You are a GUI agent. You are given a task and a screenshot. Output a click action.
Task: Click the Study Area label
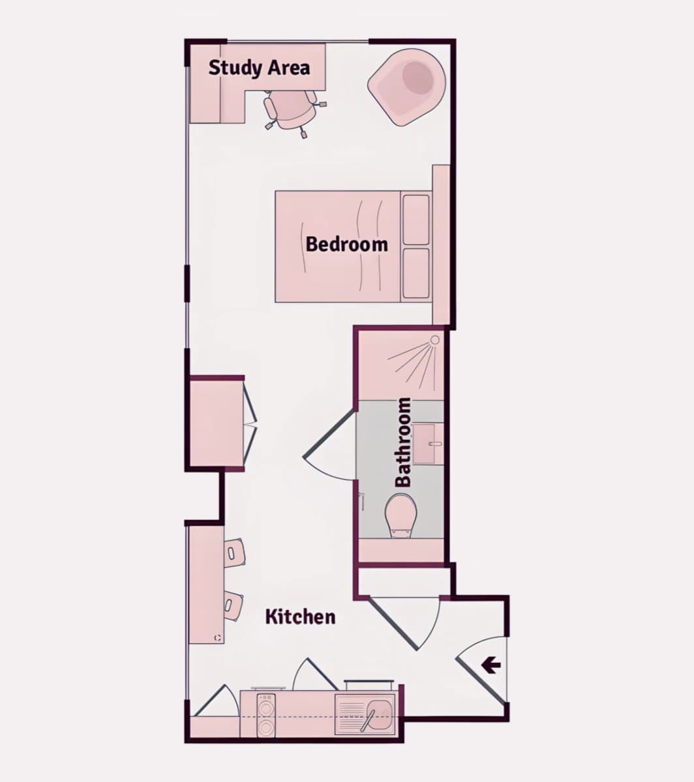[259, 68]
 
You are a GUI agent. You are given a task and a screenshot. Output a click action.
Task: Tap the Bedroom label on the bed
[346, 244]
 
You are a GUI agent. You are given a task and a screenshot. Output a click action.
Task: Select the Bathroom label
[403, 442]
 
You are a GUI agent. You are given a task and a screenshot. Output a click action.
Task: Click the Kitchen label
[300, 616]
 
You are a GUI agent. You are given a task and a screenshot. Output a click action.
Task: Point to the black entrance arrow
[491, 665]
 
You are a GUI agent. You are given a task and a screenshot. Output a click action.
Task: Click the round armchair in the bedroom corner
[406, 87]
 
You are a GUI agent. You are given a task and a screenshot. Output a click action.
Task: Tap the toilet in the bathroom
[400, 516]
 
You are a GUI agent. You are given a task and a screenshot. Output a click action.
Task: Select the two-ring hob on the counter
[266, 716]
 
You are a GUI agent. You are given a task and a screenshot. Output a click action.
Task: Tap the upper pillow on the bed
[415, 220]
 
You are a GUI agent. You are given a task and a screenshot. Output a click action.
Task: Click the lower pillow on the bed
[415, 273]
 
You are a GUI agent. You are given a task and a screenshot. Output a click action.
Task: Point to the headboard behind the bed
[441, 245]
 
